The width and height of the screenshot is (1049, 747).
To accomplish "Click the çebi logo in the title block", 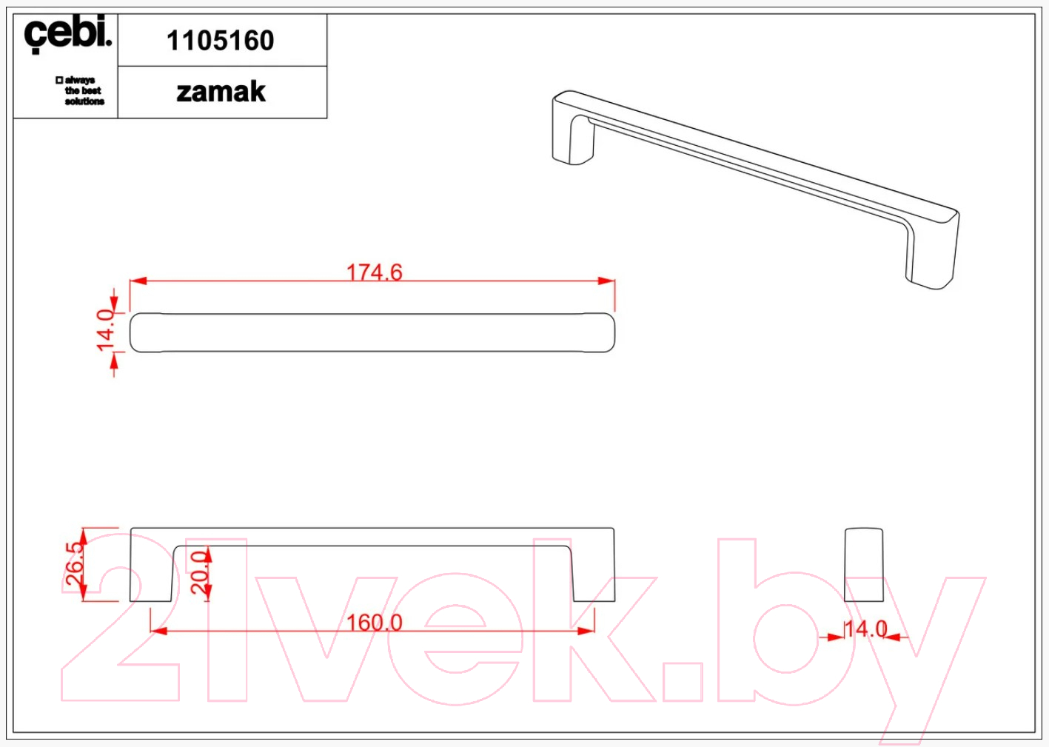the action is click(68, 34).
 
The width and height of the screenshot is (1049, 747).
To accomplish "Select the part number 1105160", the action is click(220, 40).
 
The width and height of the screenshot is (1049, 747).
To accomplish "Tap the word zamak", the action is click(221, 92).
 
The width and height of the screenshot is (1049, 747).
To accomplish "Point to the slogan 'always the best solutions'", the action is click(80, 91).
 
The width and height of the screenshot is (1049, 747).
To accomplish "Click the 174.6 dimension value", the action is click(374, 272).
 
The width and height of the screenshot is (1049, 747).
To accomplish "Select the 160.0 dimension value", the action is click(374, 623).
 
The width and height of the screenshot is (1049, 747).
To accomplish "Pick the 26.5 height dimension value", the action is click(74, 563).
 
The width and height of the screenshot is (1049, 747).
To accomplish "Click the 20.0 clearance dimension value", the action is click(199, 572).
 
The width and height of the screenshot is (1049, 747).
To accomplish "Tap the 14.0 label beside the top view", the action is click(105, 329).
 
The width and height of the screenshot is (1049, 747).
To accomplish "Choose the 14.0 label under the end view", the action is click(866, 629).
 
